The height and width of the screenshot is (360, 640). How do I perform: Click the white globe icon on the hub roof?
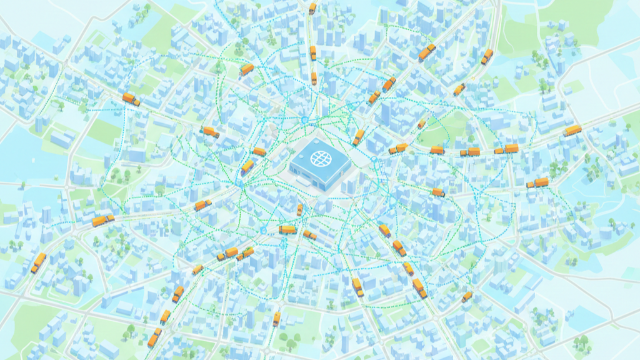pyautogui.click(x=319, y=157)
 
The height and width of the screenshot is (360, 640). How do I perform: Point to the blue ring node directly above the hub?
pyautogui.click(x=304, y=119)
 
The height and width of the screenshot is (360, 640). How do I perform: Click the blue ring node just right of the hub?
pyautogui.click(x=374, y=160)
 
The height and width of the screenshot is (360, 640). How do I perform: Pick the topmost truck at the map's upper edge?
pyautogui.click(x=312, y=8)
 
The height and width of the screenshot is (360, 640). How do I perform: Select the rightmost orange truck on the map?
pyautogui.click(x=572, y=131)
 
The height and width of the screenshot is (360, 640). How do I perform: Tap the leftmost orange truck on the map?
pyautogui.click(x=39, y=262)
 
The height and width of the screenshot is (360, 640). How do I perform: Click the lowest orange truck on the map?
pyautogui.click(x=153, y=338)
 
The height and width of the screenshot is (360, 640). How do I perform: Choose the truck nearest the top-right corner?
pyautogui.click(x=487, y=56)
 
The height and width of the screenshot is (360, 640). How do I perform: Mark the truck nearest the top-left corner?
pyautogui.click(x=131, y=99)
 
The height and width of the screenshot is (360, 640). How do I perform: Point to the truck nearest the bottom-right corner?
pyautogui.click(x=467, y=296)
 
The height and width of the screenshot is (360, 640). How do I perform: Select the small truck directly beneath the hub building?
pyautogui.click(x=299, y=210)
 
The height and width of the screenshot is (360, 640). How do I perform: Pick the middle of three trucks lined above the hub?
pyautogui.click(x=313, y=53)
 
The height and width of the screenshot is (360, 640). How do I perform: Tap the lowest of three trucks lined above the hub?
pyautogui.click(x=314, y=78)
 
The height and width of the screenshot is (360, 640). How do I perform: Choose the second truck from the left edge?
pyautogui.click(x=103, y=220)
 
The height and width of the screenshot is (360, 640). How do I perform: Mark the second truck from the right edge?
pyautogui.click(x=537, y=183)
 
